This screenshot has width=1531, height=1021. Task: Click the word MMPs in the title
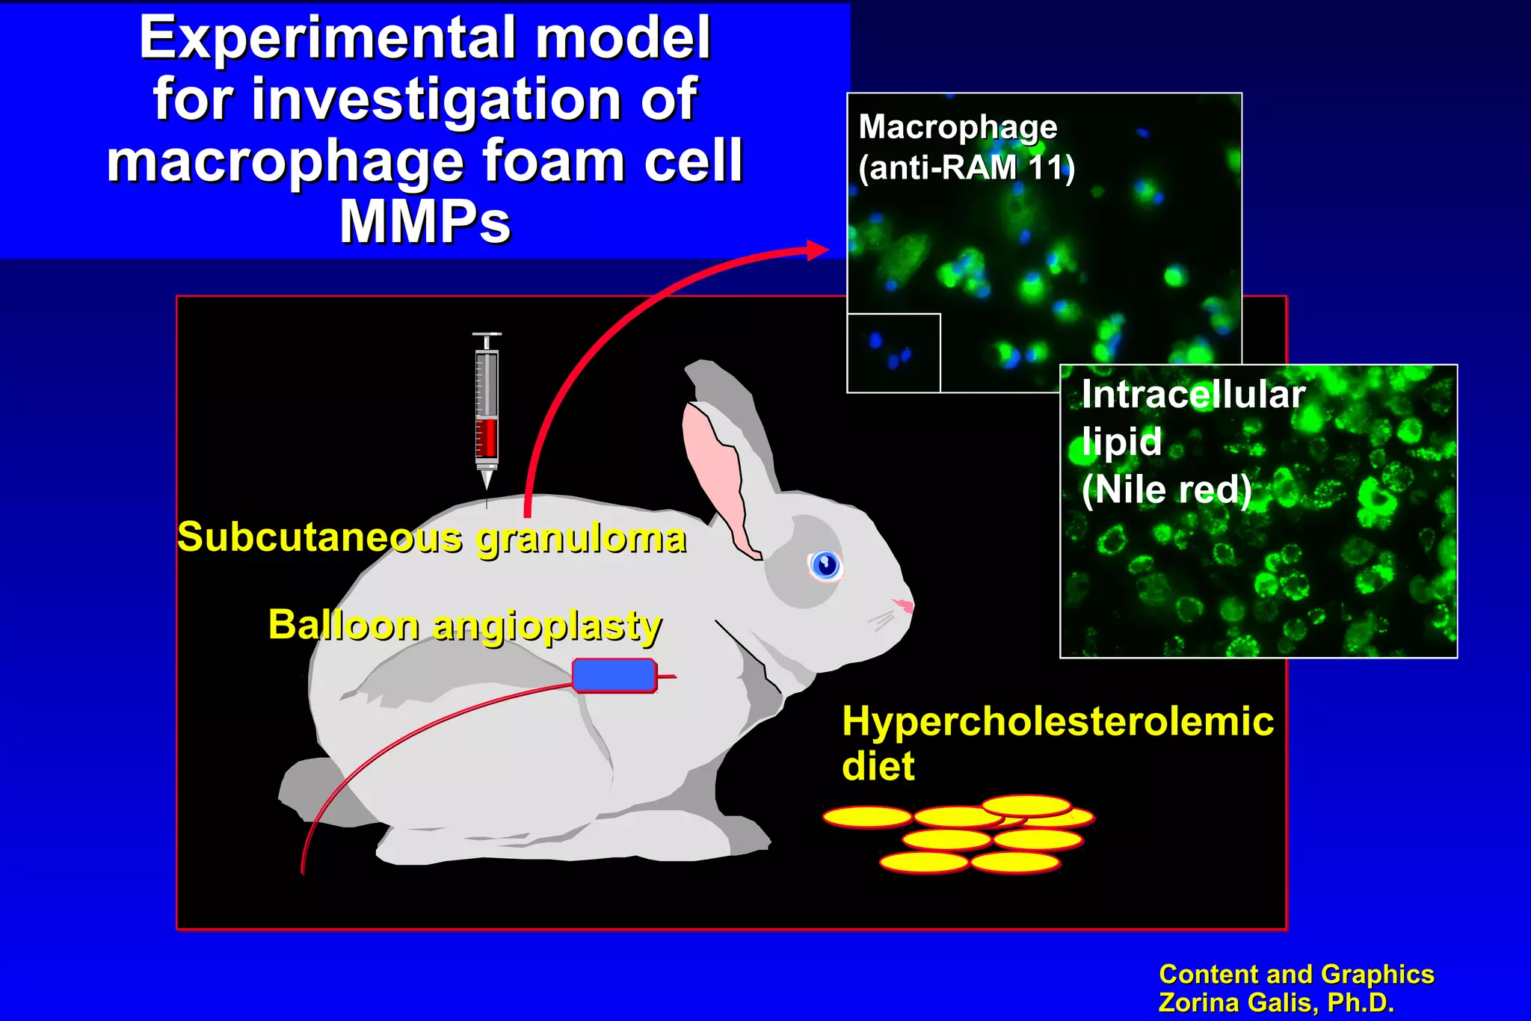pos(425,222)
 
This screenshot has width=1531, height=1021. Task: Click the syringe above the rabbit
pos(487,407)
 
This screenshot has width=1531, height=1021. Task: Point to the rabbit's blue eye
pos(826,564)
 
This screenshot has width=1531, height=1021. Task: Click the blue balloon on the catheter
pos(614,675)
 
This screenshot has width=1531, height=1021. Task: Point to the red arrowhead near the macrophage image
pos(818,250)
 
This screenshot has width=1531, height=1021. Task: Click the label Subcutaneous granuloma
pos(431,537)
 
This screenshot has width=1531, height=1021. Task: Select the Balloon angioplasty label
pos(464,625)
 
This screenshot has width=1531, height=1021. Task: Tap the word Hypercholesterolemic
pos(1058,721)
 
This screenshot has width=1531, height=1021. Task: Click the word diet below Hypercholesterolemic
pos(878,766)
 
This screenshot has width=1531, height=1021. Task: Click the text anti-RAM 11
pos(966,167)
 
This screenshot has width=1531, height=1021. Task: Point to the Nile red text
pos(1166,490)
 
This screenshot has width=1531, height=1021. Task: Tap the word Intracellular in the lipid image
pos(1193,394)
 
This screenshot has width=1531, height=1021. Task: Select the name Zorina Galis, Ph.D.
pos(1275,1002)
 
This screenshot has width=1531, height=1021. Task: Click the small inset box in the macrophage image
pos(893,353)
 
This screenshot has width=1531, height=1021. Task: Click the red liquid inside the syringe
pos(487,437)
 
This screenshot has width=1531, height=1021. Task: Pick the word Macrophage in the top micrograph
pos(958,127)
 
